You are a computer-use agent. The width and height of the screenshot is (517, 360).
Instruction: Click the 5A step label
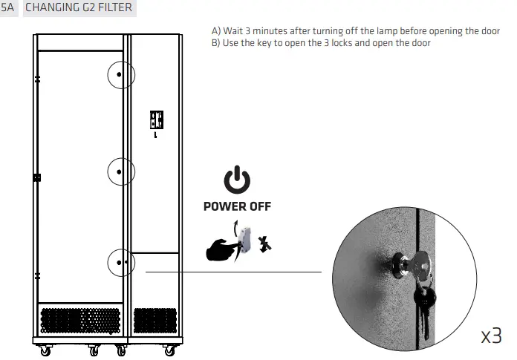tap(8, 8)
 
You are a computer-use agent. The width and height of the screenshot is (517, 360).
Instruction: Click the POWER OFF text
tap(237, 206)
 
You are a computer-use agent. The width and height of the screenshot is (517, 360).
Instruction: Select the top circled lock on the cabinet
tap(120, 76)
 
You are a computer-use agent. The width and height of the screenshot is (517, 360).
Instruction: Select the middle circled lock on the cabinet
tap(120, 171)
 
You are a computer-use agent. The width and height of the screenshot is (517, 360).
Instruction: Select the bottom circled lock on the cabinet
tap(120, 262)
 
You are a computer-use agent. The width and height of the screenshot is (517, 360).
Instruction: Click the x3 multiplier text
tap(491, 336)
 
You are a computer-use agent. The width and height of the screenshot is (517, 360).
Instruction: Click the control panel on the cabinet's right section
tap(157, 121)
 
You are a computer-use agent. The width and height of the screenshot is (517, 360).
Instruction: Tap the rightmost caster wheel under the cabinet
tap(172, 350)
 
